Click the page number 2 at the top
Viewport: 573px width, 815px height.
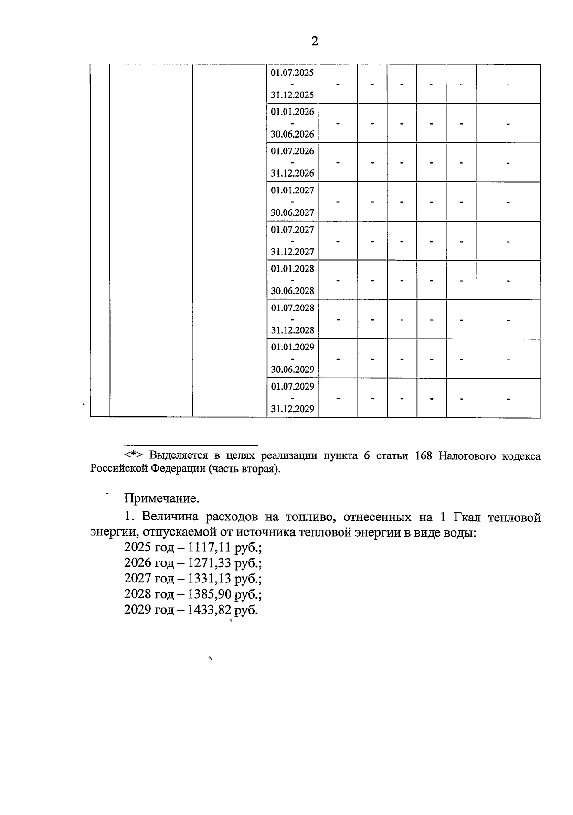coord(315,42)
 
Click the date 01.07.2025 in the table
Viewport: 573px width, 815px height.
coord(292,73)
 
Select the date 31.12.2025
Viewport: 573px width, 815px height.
coord(292,95)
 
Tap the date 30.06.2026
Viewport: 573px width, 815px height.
coord(292,134)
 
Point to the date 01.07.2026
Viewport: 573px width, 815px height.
coord(292,151)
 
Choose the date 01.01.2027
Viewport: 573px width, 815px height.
coord(292,191)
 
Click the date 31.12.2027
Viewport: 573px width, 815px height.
coord(292,252)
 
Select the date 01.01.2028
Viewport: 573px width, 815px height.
coord(292,269)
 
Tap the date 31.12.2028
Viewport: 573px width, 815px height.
coord(292,330)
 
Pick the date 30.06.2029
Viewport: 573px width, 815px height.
coord(292,369)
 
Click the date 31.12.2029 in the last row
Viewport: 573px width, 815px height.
coord(292,409)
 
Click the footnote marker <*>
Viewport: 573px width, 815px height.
coord(135,455)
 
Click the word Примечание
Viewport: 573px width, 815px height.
coord(161,498)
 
